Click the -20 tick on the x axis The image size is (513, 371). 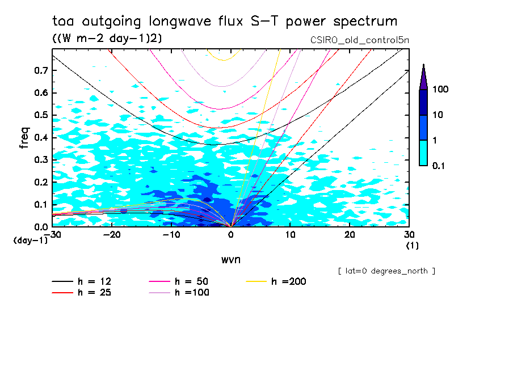(112, 235)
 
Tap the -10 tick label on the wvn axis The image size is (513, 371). (171, 235)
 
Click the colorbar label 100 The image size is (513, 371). (441, 90)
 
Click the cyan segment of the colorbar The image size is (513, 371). (423, 153)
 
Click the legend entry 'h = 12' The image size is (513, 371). (82, 281)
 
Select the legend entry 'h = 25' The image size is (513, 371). (82, 293)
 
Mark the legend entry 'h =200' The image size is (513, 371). (277, 281)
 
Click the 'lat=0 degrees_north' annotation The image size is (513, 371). (386, 271)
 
